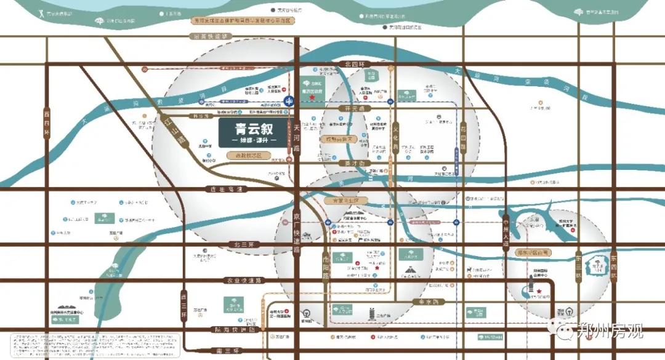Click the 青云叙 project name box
pyautogui.click(x=252, y=133)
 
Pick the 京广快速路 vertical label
pyautogui.click(x=296, y=234)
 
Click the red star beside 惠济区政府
pyautogui.click(x=312, y=97)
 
